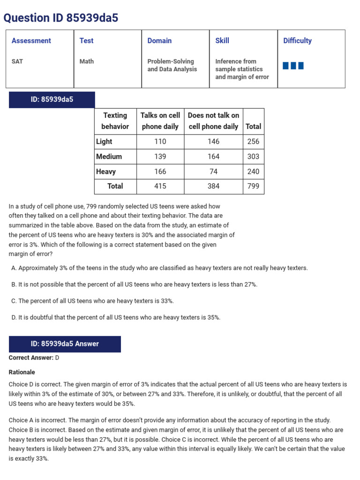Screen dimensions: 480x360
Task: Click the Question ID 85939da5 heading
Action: pos(61,18)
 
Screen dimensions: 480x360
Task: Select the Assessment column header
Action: pos(31,41)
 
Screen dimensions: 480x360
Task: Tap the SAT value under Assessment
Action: pos(17,61)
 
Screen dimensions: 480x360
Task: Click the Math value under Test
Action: pos(86,61)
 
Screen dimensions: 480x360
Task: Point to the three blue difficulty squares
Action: pos(293,66)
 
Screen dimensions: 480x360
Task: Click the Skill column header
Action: pos(222,41)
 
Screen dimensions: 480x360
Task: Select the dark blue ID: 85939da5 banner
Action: pos(52,99)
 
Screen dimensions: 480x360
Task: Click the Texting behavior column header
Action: pos(115,121)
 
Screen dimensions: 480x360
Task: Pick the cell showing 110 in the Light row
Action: pos(160,142)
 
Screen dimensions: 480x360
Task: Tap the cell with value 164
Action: pos(213,157)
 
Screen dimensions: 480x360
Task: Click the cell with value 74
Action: pos(213,172)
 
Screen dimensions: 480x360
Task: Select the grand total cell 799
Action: pos(253,186)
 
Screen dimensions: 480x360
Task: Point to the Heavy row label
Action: pos(106,172)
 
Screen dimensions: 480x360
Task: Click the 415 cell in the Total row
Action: pos(160,186)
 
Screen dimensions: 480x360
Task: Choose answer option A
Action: pos(159,268)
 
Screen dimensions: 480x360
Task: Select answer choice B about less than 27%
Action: pos(134,285)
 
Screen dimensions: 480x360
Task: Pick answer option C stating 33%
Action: pos(92,301)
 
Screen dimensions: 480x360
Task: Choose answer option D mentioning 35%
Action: pos(115,317)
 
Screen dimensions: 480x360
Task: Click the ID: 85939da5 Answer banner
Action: pos(65,344)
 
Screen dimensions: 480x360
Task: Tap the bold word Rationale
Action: pos(22,372)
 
